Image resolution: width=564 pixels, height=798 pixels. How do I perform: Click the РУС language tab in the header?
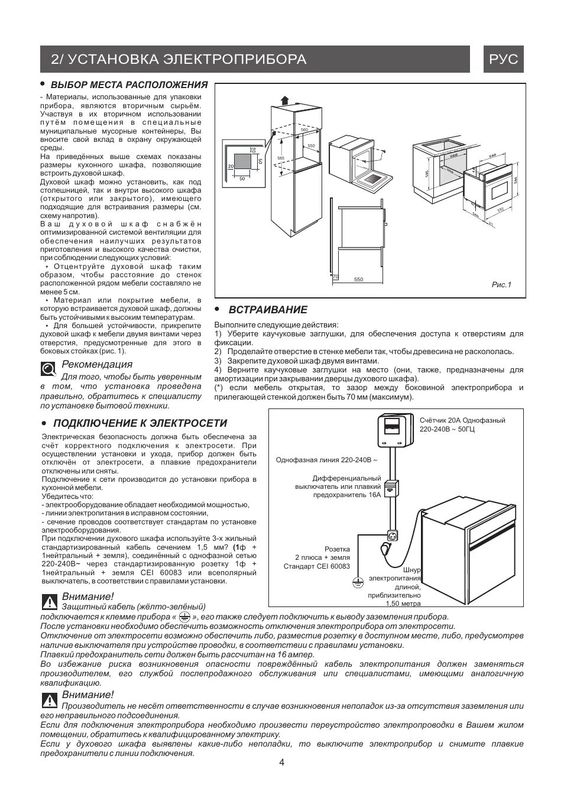point(504,59)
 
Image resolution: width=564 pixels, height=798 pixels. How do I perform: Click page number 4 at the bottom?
point(281,763)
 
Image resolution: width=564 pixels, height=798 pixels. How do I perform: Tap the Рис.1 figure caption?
point(501,285)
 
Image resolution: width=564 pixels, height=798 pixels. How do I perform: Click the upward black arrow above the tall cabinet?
point(286,100)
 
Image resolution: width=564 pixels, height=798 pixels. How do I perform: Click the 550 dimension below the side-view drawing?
point(358,280)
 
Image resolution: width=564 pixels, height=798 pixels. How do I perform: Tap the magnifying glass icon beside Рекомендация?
point(48,370)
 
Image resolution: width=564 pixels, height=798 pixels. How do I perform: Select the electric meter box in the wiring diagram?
point(391,430)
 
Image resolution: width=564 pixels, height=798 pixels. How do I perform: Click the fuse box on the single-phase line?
point(391,489)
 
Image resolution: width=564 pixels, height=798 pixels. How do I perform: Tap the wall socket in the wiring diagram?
point(391,535)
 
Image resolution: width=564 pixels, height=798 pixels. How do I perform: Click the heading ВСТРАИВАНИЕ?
point(268,310)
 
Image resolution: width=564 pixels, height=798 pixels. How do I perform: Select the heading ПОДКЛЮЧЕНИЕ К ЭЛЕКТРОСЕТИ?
point(140,423)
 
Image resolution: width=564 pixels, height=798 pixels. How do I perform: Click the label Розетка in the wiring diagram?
point(337,549)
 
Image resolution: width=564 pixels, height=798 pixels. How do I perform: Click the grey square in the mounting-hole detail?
point(242,162)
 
